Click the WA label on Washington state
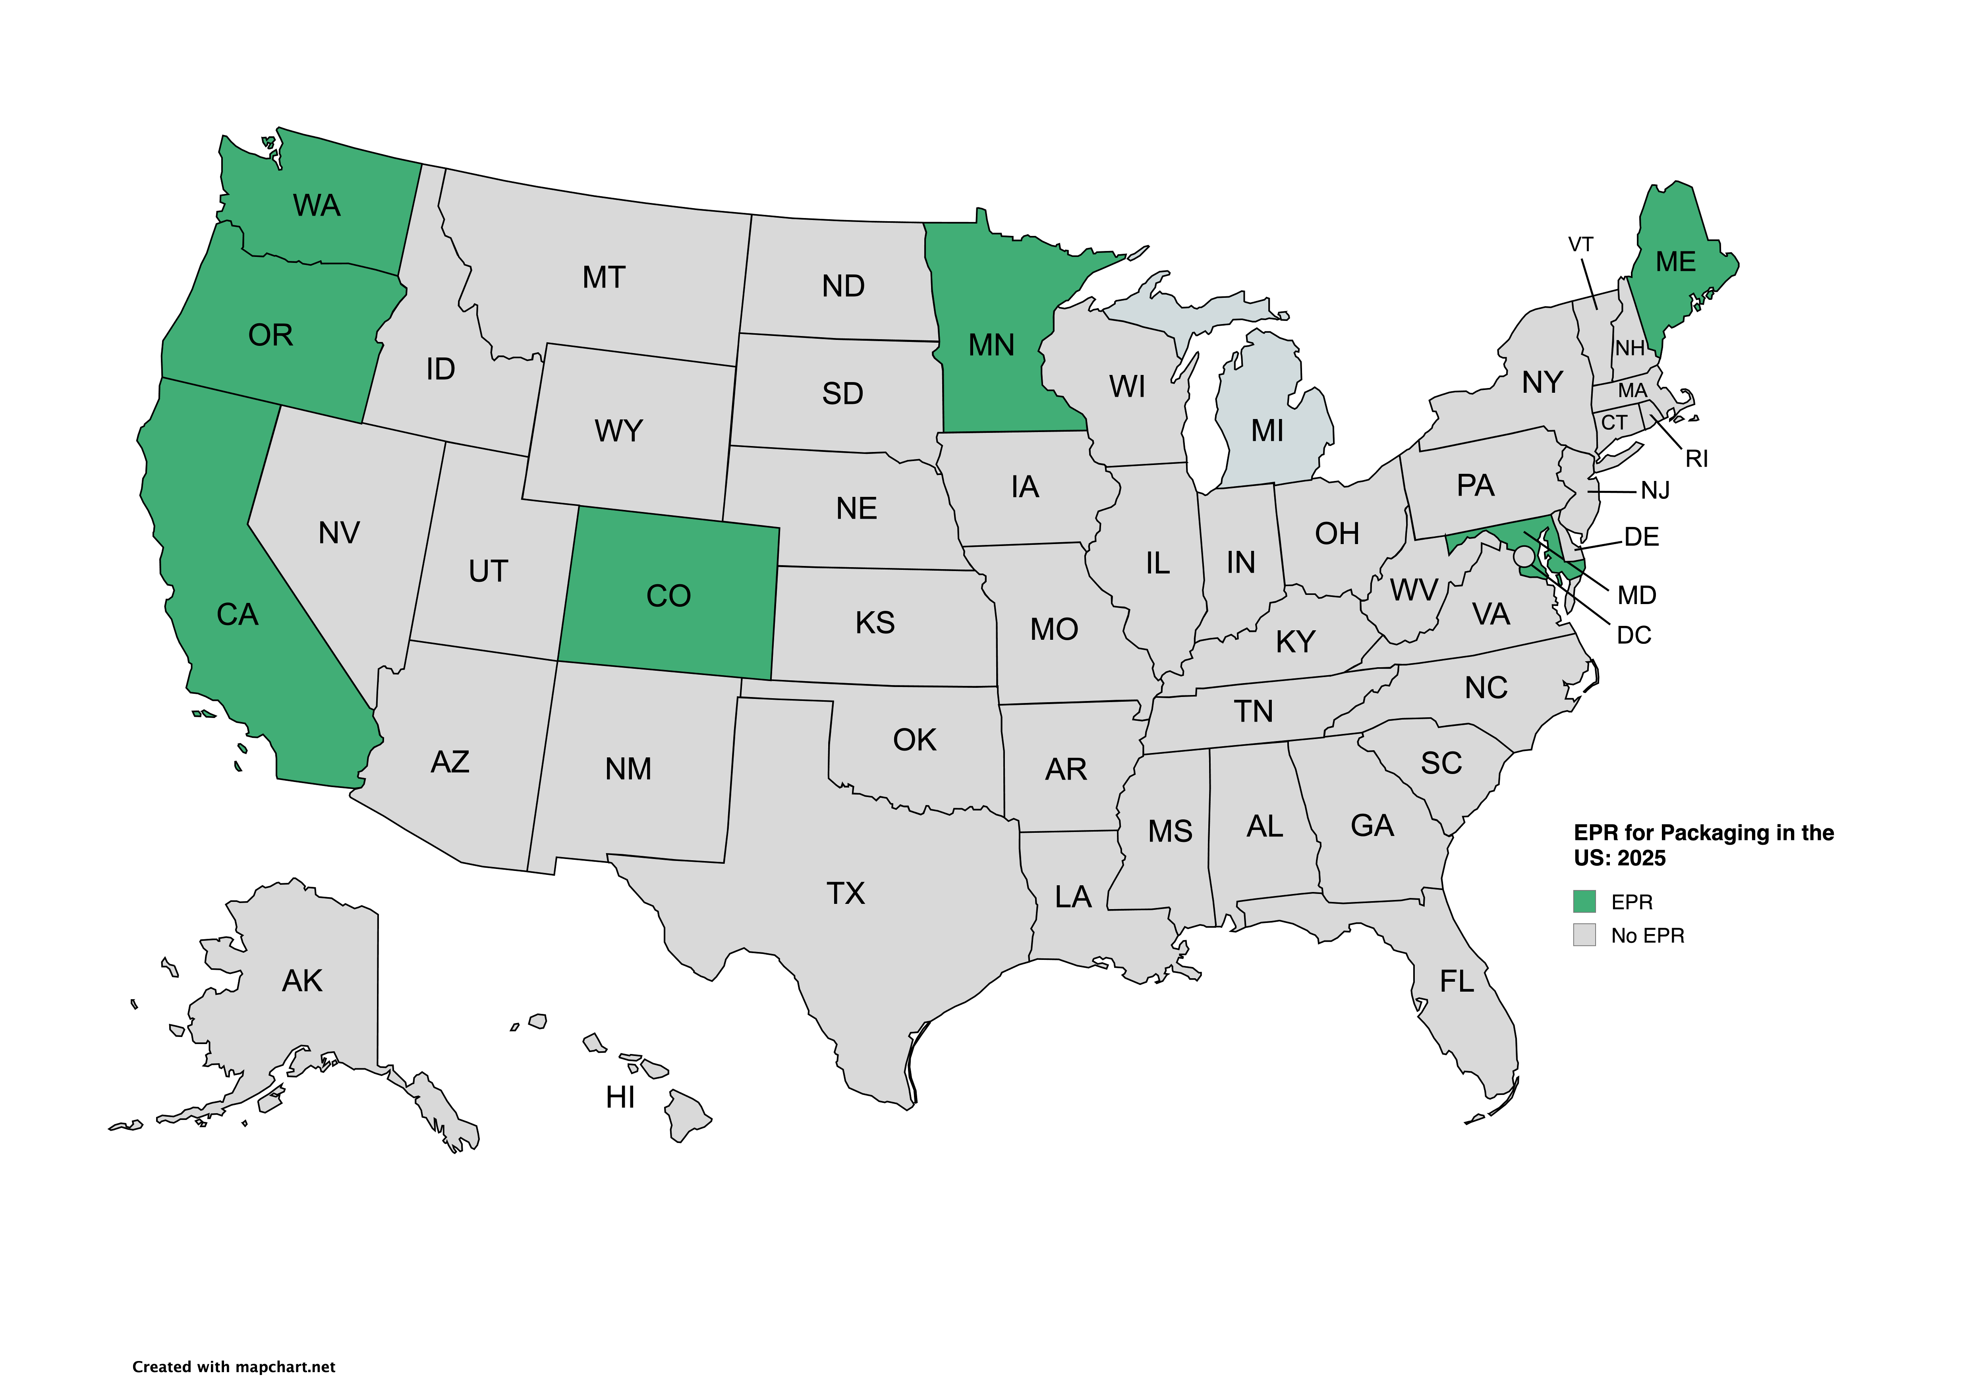point(317,206)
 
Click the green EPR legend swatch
point(1584,901)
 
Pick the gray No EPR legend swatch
point(1584,935)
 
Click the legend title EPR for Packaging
point(1702,845)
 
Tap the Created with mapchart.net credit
point(234,1367)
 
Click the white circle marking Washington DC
point(1524,556)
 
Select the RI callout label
point(1696,459)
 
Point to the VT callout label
point(1580,245)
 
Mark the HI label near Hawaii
point(620,1098)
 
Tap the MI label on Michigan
point(1267,431)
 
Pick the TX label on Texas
point(845,894)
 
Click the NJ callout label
point(1655,491)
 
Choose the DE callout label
point(1641,537)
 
